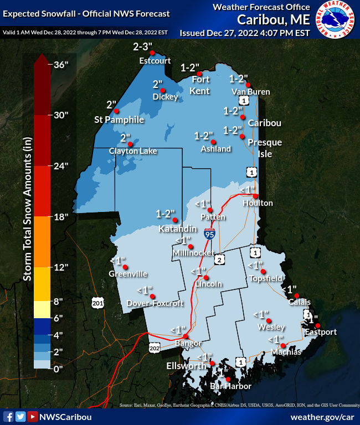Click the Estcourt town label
155,61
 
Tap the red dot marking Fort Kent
199,74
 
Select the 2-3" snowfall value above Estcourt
145,47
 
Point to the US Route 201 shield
98,302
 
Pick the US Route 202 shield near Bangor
155,347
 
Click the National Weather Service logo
336,20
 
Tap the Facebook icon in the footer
8,417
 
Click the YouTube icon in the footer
33,417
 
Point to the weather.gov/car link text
322,417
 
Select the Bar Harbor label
231,386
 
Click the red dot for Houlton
255,196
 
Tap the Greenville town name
128,273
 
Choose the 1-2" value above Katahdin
166,214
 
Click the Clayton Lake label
133,151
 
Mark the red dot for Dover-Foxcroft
152,296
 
